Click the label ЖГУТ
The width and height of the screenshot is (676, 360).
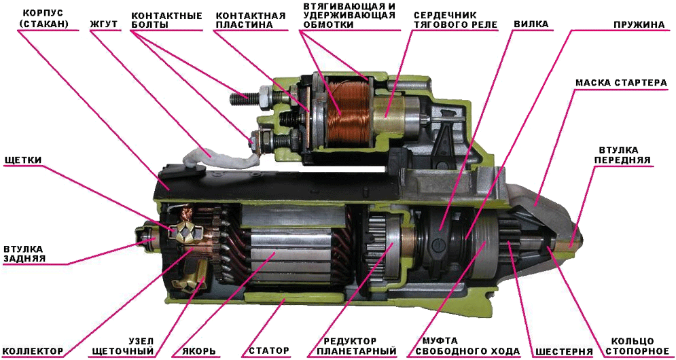pos(103,25)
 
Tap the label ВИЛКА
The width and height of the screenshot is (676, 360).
pos(531,24)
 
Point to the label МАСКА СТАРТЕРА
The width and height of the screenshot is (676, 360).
pos(621,82)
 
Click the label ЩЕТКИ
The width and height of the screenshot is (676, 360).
pos(22,160)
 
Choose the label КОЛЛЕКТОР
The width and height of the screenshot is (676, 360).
pos(33,350)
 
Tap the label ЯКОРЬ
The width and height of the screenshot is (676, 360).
pos(199,350)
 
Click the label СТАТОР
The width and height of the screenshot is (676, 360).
pos(267,350)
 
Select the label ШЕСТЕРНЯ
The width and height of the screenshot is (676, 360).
pos(562,350)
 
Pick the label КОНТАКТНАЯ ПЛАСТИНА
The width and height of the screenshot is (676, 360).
pos(251,20)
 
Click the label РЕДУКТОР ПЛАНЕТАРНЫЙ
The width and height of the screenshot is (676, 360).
pos(357,346)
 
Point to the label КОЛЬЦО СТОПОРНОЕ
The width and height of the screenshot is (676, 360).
pos(635,346)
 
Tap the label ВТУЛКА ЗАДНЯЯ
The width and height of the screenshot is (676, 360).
pos(23,254)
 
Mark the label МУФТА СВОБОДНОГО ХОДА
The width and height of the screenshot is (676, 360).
pos(463,346)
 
